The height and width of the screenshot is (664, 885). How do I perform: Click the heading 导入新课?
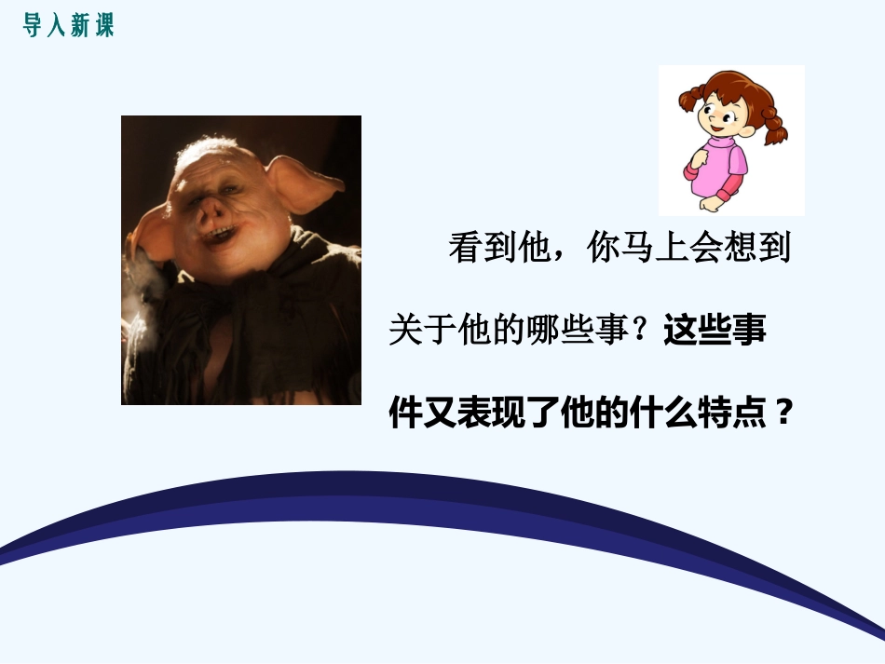[x=68, y=25]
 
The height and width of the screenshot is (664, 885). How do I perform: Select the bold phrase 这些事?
[x=715, y=331]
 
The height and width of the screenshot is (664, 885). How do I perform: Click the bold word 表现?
[x=491, y=413]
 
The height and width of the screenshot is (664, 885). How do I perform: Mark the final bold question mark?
[x=783, y=413]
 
